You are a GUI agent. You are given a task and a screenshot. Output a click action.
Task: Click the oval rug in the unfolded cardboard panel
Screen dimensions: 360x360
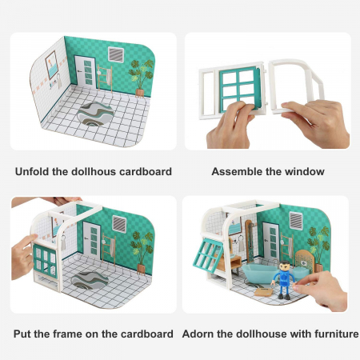(x=95, y=114)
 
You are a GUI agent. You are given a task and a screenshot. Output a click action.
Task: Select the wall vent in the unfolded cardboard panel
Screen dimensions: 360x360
(x=116, y=54)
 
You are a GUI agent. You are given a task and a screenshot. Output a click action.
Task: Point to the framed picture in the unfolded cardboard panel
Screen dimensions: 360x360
(x=52, y=65)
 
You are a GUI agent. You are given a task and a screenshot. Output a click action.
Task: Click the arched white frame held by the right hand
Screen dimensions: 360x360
(x=296, y=86)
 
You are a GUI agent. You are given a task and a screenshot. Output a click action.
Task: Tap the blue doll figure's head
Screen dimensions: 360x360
(x=285, y=266)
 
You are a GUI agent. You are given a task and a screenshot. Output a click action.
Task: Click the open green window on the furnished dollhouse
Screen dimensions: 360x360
(x=208, y=254)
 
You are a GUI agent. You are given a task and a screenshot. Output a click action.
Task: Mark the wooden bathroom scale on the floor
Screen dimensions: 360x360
(x=263, y=292)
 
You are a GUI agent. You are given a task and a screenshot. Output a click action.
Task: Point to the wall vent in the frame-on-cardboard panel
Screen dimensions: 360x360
(x=119, y=223)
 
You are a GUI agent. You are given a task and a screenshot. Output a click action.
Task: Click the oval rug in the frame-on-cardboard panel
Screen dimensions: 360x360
(x=90, y=280)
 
